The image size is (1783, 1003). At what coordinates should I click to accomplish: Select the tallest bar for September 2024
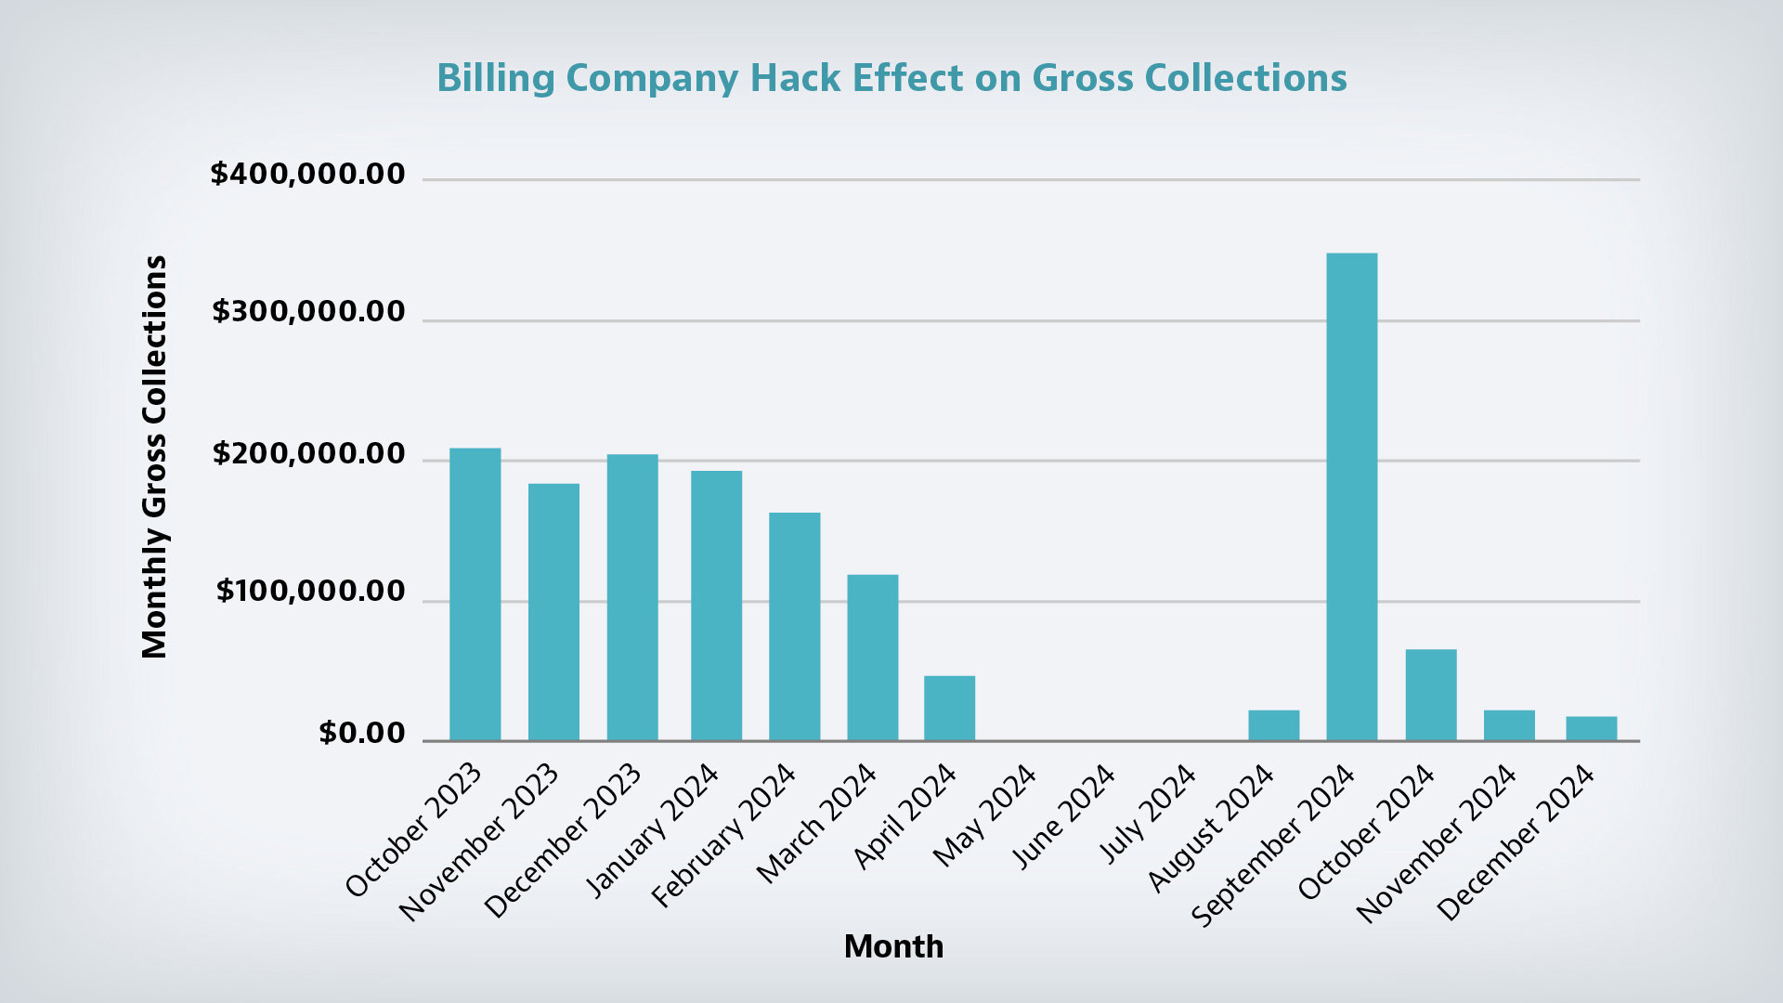coord(1351,497)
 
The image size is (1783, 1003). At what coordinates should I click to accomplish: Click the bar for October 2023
coord(475,594)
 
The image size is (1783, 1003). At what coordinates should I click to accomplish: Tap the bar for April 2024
coord(949,708)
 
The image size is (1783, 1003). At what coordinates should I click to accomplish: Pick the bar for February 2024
coord(794,627)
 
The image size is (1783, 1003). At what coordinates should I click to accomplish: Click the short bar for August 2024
coord(1273,725)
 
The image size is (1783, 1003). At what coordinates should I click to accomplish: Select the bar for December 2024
coord(1591,728)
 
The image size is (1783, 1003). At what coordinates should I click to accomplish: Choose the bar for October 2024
coord(1430,695)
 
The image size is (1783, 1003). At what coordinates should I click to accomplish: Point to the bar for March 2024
coord(872,658)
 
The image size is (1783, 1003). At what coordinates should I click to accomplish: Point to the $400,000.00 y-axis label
coord(307,174)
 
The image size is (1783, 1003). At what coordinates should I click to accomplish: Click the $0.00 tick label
coord(361,733)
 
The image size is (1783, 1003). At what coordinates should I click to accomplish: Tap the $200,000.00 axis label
coord(308,453)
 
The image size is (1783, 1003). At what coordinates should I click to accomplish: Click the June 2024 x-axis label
coord(1064,816)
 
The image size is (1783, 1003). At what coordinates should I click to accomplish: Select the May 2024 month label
coord(984,815)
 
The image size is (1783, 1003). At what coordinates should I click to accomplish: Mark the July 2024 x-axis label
coord(1148,814)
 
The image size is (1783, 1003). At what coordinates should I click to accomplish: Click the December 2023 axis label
coord(564,840)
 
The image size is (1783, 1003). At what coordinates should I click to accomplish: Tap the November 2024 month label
coord(1437,844)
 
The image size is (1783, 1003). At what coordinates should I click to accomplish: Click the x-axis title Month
coord(893,946)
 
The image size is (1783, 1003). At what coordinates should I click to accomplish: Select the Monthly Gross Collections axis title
coord(154,457)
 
